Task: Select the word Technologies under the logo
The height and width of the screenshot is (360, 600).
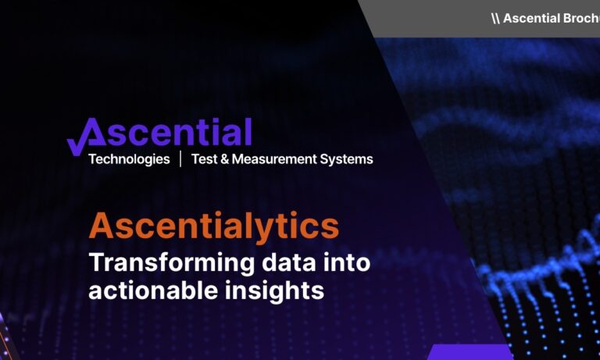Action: (129, 159)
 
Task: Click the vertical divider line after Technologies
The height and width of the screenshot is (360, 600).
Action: (180, 159)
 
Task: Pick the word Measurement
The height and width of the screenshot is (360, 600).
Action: (274, 159)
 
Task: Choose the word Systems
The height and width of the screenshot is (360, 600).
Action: (348, 159)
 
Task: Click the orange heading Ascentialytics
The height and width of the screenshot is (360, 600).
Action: (214, 226)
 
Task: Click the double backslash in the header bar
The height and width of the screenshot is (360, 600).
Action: (495, 18)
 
